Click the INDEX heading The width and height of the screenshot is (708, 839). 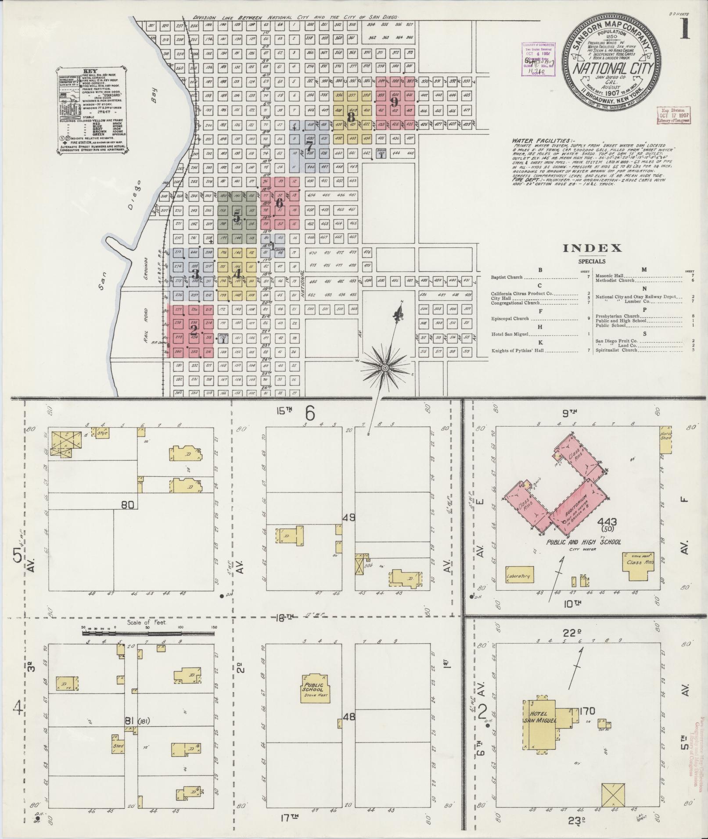coord(593,248)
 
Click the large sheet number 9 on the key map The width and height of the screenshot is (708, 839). coord(394,102)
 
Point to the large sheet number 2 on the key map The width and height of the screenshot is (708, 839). coord(193,330)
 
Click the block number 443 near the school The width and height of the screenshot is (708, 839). coord(607,522)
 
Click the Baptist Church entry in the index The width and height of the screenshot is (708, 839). coord(507,277)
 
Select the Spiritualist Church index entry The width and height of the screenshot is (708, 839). coord(618,350)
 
